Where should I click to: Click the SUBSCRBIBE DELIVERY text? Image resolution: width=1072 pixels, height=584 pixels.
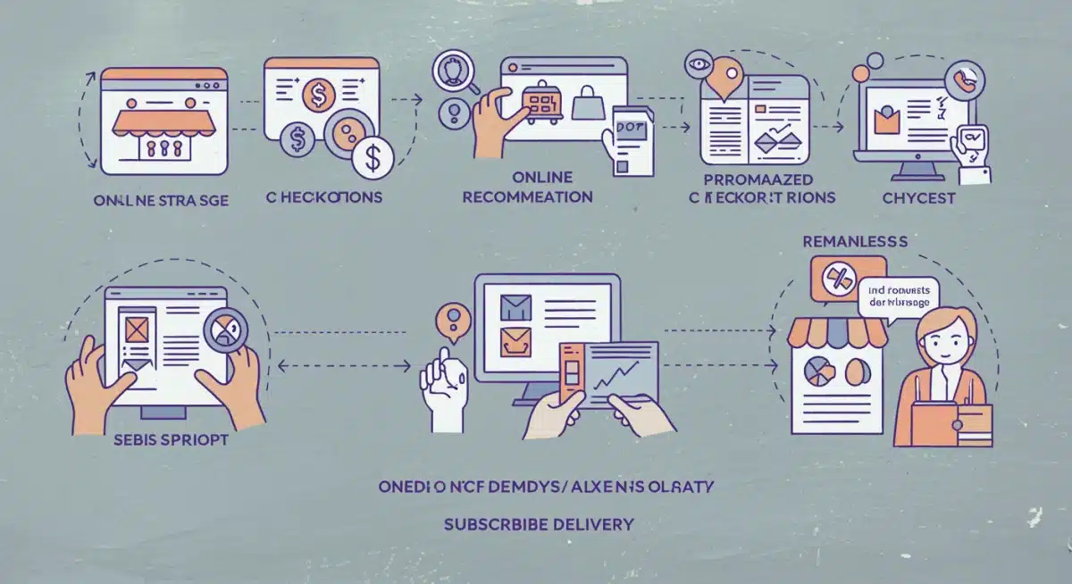tap(539, 523)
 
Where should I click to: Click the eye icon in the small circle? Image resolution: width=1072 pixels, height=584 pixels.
tap(696, 64)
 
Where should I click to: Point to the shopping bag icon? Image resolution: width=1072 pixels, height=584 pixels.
tap(589, 106)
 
